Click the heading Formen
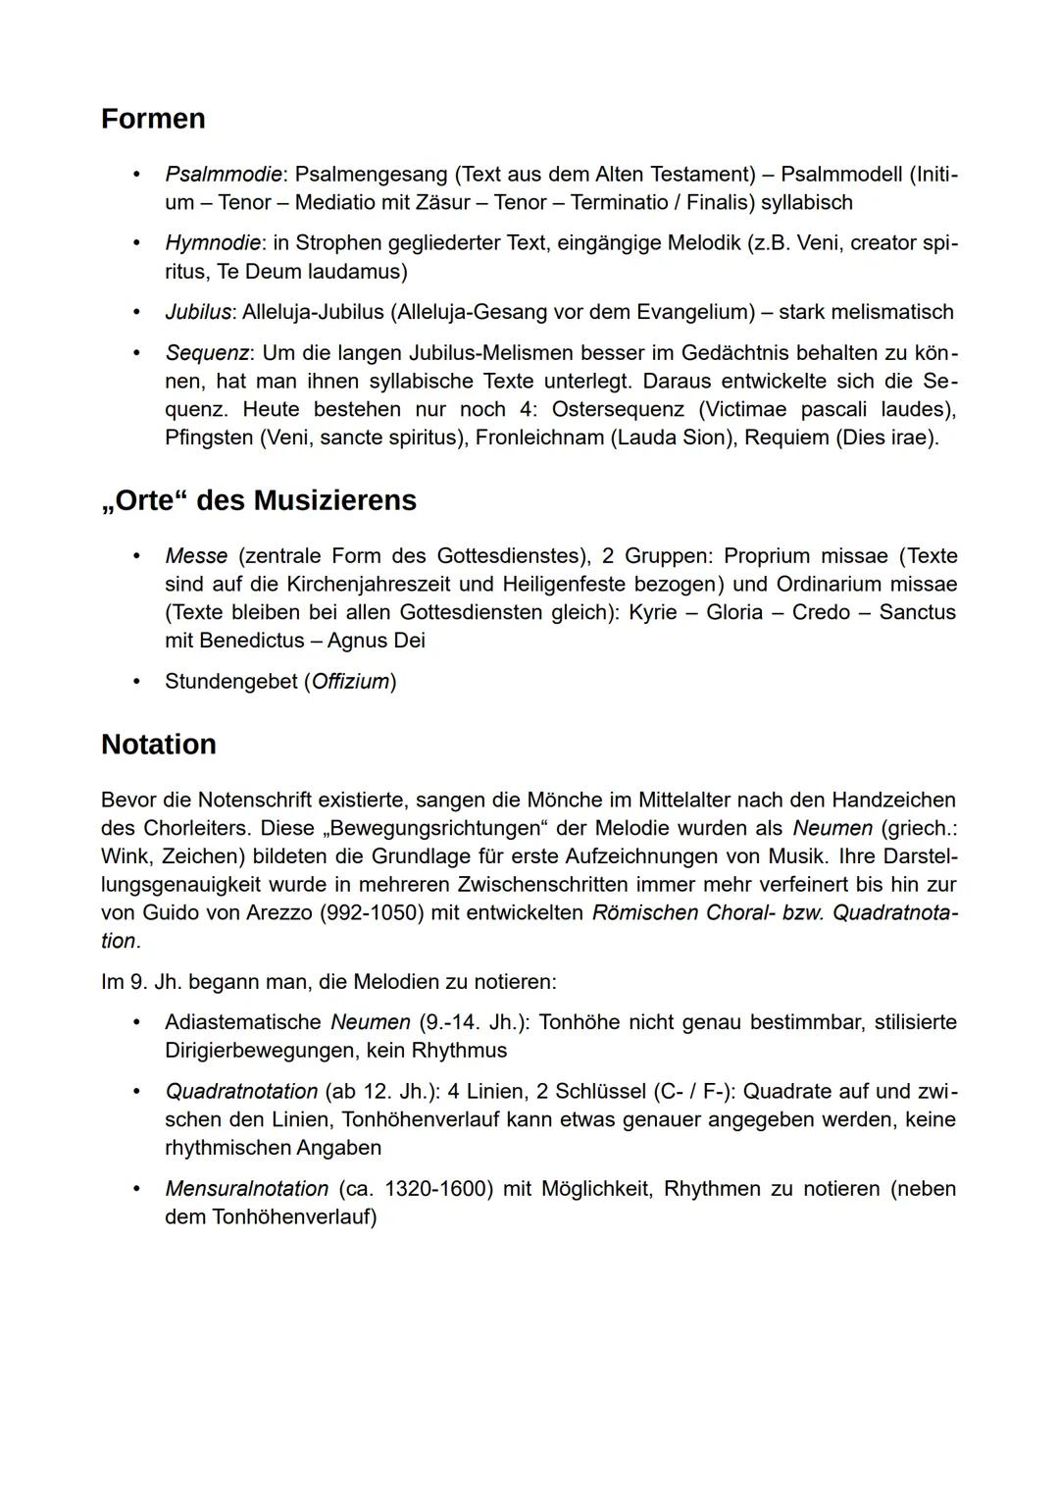[153, 119]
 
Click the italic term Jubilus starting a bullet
[198, 312]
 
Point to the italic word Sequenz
[206, 352]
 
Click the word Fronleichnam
[539, 438]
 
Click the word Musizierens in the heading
[334, 500]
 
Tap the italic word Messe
[196, 556]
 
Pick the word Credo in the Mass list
[821, 612]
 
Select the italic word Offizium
[350, 682]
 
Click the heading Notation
[159, 745]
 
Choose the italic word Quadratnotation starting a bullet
[241, 1092]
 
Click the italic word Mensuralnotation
[246, 1189]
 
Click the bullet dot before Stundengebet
[138, 682]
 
